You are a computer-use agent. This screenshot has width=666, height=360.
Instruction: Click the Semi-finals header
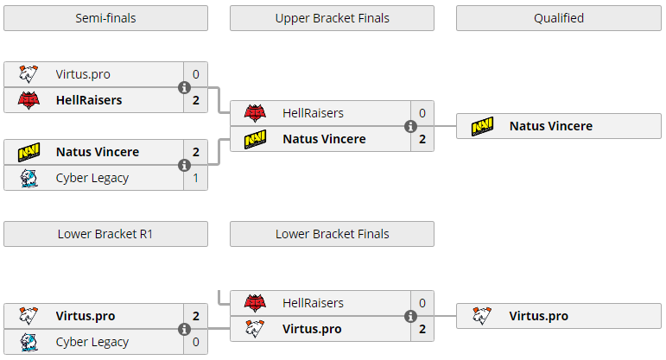point(105,18)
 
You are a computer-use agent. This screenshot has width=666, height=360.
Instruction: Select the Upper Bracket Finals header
point(333,18)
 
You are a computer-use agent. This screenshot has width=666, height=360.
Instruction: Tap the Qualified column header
point(559,18)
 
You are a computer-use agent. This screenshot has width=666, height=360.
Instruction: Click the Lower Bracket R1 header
point(105,234)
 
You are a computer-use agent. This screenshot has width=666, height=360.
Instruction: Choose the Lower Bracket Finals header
point(333,234)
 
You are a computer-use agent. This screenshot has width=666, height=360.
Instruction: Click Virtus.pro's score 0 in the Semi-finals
point(196,74)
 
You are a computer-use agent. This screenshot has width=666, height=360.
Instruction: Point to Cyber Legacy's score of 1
point(196,178)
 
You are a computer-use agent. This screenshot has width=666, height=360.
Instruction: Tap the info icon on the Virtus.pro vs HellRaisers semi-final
point(184,87)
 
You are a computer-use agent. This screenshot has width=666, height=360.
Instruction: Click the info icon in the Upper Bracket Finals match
point(410,126)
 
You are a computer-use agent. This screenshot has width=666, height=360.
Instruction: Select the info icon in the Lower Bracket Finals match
point(410,316)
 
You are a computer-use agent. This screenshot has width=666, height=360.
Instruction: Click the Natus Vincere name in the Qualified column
point(551,126)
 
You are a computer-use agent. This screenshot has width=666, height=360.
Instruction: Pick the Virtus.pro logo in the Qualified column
point(482,316)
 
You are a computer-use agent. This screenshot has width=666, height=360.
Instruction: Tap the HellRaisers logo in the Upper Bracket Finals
point(255,113)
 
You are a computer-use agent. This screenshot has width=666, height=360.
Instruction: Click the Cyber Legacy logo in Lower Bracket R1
point(29,342)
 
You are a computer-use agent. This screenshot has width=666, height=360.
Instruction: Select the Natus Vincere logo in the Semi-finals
point(29,152)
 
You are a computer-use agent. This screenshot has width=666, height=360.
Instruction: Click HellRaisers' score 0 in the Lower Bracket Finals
point(422,303)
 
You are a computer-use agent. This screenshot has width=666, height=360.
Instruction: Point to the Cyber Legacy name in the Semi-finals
point(92,178)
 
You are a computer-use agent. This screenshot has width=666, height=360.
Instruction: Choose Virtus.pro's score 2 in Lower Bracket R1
point(196,316)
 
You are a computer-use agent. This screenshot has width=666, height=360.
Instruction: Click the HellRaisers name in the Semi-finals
point(89,100)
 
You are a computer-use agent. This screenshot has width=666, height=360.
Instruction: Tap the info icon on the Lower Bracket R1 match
point(184,329)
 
